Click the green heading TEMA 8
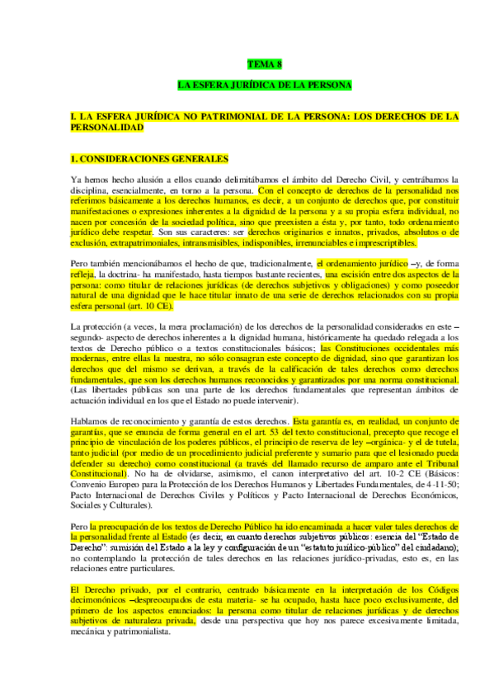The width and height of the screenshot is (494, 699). click(265, 63)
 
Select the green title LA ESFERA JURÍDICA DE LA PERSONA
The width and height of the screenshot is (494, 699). click(265, 85)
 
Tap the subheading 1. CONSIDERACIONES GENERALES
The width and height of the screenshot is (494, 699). click(137, 157)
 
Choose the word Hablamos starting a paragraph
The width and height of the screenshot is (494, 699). click(91, 421)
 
